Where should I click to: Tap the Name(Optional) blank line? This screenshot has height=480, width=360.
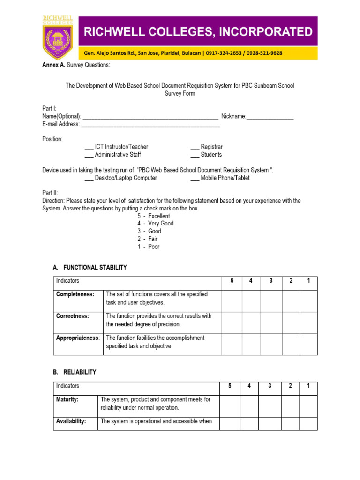point(150,117)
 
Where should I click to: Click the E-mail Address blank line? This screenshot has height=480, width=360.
point(150,125)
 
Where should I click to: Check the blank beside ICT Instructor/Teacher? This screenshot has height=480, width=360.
point(89,147)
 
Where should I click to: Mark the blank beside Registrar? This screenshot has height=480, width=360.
point(195,147)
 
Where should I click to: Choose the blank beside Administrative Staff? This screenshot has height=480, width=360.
point(89,155)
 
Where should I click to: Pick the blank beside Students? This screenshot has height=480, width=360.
point(195,155)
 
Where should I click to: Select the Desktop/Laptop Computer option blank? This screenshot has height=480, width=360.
point(89,178)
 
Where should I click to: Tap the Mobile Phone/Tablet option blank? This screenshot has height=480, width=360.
point(195,178)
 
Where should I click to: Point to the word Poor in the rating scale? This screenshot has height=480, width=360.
point(154,247)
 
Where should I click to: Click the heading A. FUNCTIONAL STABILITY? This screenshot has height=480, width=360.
point(90,268)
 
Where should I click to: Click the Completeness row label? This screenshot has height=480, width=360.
point(75,294)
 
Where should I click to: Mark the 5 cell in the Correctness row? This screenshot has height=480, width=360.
point(232,322)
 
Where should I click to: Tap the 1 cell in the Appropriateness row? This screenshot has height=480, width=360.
point(308,344)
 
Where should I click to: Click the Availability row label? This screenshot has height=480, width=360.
point(71,421)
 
